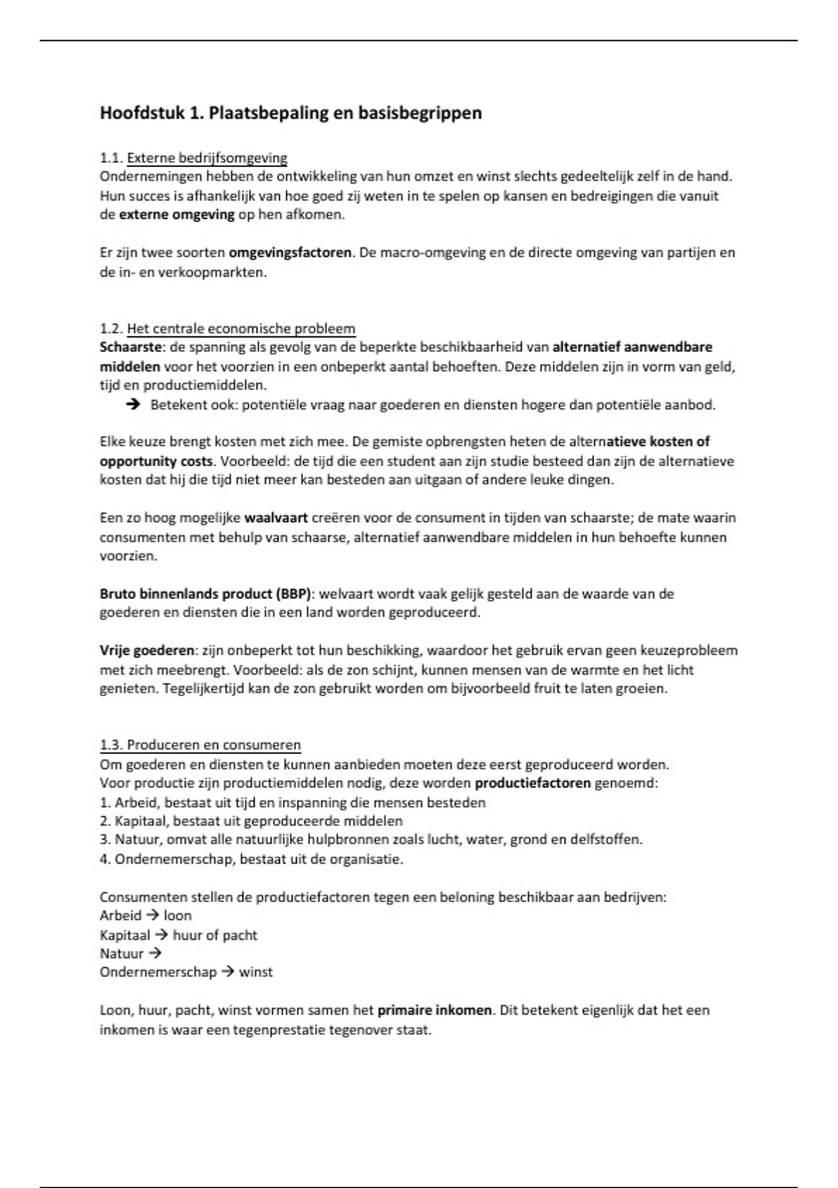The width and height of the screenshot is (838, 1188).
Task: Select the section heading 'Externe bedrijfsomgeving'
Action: click(x=207, y=158)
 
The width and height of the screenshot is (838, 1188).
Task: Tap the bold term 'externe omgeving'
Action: click(x=177, y=215)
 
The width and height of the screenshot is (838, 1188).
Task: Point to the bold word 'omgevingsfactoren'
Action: click(x=290, y=252)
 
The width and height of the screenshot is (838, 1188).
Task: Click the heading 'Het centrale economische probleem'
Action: click(x=241, y=328)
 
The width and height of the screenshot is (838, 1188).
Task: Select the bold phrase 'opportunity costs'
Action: click(x=156, y=461)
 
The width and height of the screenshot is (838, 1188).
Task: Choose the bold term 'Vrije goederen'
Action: click(x=147, y=651)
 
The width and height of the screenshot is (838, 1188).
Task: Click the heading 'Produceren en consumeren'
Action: click(x=214, y=745)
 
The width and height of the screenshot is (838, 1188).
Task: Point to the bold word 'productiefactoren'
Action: click(x=532, y=783)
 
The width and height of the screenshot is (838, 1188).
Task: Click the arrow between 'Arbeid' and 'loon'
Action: click(x=152, y=915)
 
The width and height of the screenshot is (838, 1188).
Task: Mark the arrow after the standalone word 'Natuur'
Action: click(x=155, y=953)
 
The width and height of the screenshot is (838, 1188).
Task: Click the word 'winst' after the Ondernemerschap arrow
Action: click(x=256, y=972)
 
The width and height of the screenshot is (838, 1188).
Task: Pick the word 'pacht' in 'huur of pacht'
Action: click(x=240, y=935)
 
